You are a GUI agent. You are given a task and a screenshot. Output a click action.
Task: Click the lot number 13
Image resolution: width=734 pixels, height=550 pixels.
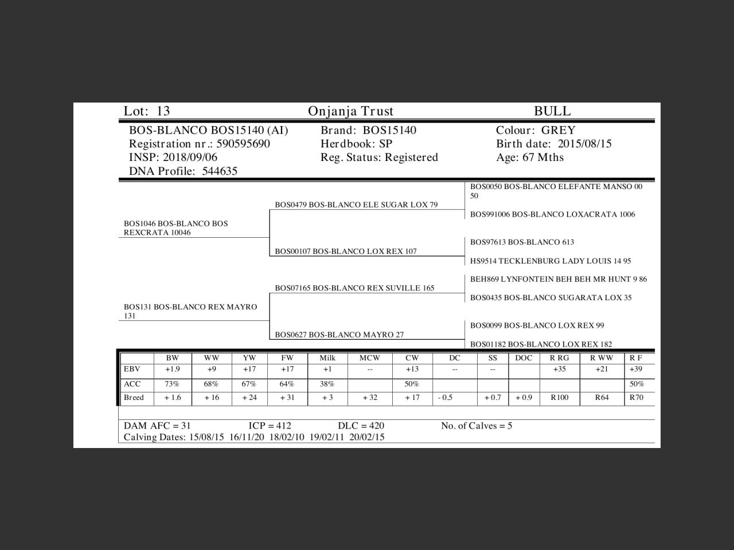click(163, 111)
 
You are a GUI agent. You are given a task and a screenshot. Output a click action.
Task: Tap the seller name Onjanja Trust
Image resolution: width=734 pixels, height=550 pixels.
click(350, 111)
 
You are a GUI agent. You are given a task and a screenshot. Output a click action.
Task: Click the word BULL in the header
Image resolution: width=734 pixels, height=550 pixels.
click(552, 111)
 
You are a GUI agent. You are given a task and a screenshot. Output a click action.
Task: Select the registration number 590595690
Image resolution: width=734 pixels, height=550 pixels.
click(243, 144)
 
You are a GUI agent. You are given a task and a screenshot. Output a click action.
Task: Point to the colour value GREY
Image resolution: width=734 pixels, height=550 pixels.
click(558, 131)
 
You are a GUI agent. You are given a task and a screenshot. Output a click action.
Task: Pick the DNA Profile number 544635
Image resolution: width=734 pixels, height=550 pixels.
click(220, 171)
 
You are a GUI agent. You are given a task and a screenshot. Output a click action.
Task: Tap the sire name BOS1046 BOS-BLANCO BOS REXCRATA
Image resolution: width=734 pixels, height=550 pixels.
click(175, 228)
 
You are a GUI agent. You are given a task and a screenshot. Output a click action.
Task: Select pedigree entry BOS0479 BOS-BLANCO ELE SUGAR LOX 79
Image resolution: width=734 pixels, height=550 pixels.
click(356, 205)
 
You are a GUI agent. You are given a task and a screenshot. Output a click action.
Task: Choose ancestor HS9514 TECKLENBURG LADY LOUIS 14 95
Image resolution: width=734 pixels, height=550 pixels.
click(550, 261)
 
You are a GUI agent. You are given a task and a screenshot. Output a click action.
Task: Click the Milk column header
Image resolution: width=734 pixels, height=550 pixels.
click(327, 358)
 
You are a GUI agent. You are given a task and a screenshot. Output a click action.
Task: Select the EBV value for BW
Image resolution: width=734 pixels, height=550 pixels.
click(172, 370)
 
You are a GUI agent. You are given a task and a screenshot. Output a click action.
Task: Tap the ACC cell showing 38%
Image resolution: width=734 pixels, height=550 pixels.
click(327, 384)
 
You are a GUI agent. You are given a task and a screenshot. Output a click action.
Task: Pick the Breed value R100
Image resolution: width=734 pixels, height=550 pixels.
click(559, 398)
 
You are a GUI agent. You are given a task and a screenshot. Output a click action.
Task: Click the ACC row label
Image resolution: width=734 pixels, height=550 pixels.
click(132, 384)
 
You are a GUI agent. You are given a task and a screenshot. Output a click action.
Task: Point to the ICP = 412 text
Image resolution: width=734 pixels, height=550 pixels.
click(270, 426)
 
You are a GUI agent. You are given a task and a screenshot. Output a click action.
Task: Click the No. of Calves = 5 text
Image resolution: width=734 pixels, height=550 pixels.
click(476, 426)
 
